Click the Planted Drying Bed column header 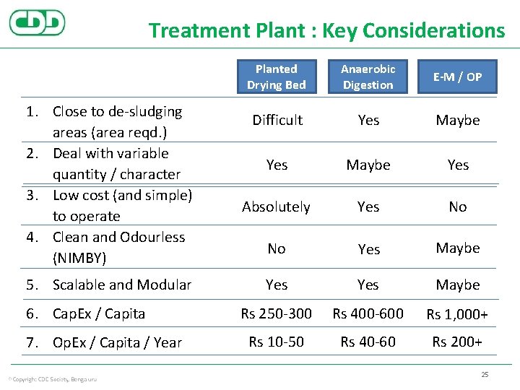pos(277,77)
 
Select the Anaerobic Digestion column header pos(368,77)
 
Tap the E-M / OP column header pos(458,77)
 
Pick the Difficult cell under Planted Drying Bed pos(277,120)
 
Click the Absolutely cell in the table pos(277,207)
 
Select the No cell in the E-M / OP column pos(458,207)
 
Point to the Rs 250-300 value pos(277,313)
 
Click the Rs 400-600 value pos(368,313)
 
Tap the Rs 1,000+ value pos(457,314)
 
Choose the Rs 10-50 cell pos(277,342)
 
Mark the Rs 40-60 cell pos(368,342)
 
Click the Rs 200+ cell pos(457,342)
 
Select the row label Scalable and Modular pos(122,285)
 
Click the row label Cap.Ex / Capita pos(99,314)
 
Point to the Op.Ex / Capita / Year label pos(117,342)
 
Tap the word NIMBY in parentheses pos(79,258)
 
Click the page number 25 pos(485,374)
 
